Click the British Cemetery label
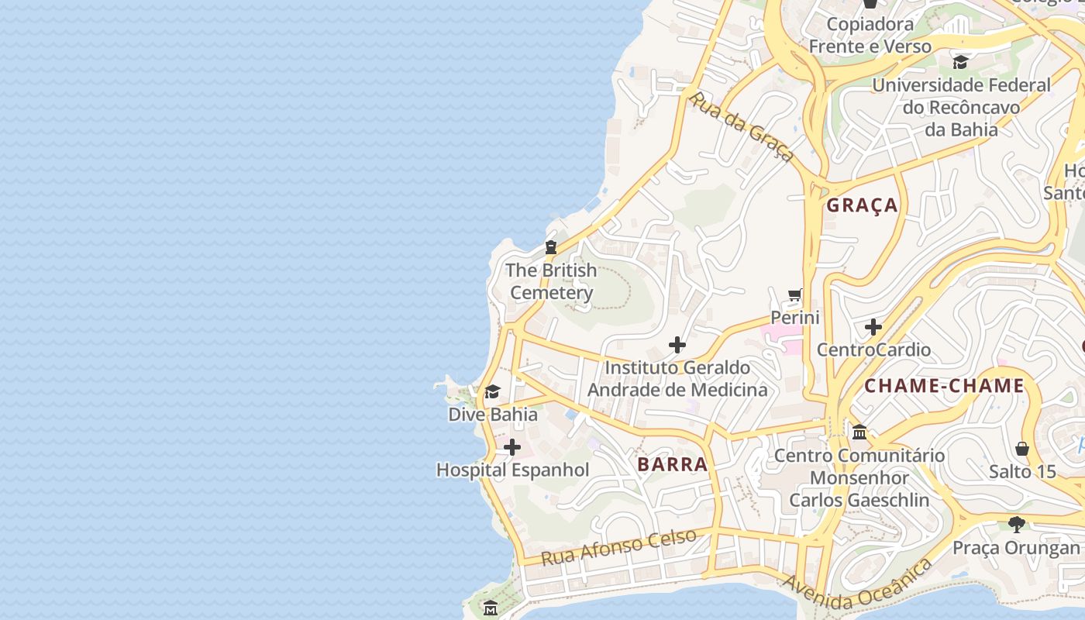tap(551, 281)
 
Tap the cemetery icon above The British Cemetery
tap(551, 248)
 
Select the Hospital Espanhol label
tap(512, 470)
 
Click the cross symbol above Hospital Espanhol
tap(512, 447)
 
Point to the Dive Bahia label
tap(493, 414)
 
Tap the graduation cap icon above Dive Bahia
tap(492, 391)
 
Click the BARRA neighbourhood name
tap(672, 464)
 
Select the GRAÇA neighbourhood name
tap(862, 205)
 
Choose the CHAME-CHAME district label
tap(944, 386)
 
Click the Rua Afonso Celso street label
tap(618, 546)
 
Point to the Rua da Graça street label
tap(741, 127)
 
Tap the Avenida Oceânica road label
tap(857, 588)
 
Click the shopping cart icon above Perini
tap(794, 295)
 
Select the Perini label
tap(794, 318)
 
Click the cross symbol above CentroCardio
tap(873, 327)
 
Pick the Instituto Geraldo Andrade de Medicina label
tap(677, 378)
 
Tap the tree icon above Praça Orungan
tap(1016, 525)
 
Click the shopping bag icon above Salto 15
tap(1022, 449)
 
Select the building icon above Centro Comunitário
tap(859, 432)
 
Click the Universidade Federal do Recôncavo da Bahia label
tap(961, 107)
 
